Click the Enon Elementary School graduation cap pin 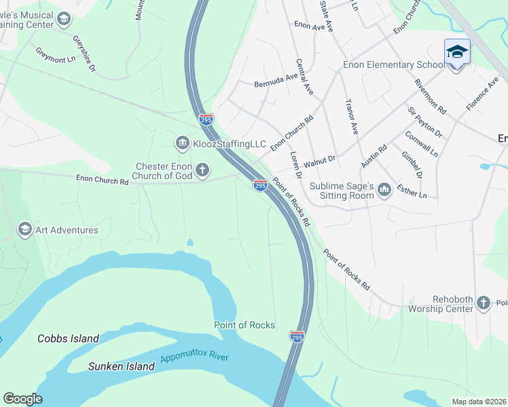click(457, 52)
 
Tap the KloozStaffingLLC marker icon click(182, 142)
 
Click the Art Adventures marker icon click(25, 229)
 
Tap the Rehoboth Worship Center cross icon click(483, 303)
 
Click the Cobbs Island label click(68, 338)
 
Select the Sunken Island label click(122, 366)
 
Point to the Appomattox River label click(194, 357)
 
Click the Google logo click(22, 399)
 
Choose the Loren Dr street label click(295, 165)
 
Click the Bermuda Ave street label click(276, 81)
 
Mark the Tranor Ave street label click(350, 116)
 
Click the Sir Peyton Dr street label click(424, 122)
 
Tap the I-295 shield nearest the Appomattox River click(297, 336)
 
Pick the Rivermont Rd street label click(431, 96)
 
